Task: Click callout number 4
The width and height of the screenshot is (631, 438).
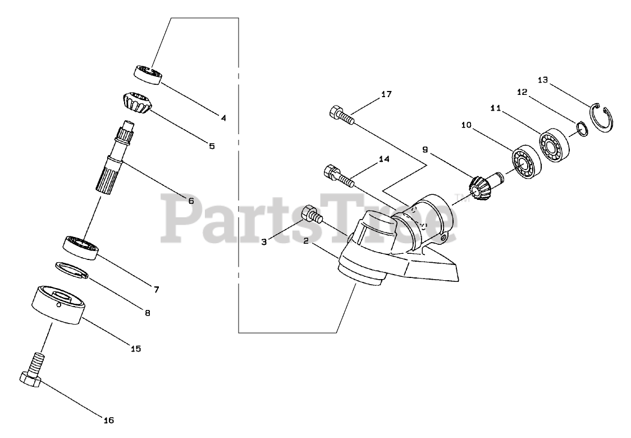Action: (x=223, y=118)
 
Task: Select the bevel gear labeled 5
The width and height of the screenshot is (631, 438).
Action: (x=135, y=103)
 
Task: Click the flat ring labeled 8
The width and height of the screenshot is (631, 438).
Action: (x=72, y=270)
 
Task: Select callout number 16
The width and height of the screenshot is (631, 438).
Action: (x=108, y=419)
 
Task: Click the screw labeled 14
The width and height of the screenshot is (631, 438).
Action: (x=337, y=175)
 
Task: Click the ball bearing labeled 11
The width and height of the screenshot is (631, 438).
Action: (x=555, y=143)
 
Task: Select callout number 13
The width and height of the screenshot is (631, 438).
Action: (x=542, y=79)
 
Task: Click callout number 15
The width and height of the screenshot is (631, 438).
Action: (x=135, y=348)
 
